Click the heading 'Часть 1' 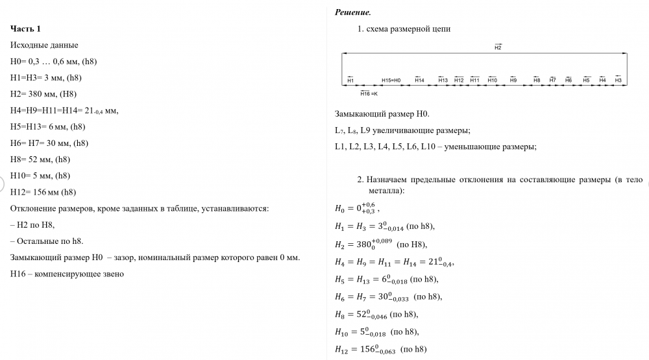(x=26, y=29)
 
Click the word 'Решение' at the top (x=352, y=12)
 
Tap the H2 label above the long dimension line (x=498, y=47)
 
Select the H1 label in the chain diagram (x=350, y=80)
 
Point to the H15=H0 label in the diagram (x=391, y=80)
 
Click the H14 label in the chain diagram (x=419, y=80)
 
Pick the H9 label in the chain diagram (x=513, y=80)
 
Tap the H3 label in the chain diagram (x=618, y=80)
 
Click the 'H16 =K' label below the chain (x=369, y=94)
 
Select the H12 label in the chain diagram (x=459, y=80)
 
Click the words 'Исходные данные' (x=44, y=45)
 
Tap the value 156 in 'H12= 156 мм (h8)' (x=40, y=192)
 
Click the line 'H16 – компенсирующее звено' (x=67, y=274)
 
